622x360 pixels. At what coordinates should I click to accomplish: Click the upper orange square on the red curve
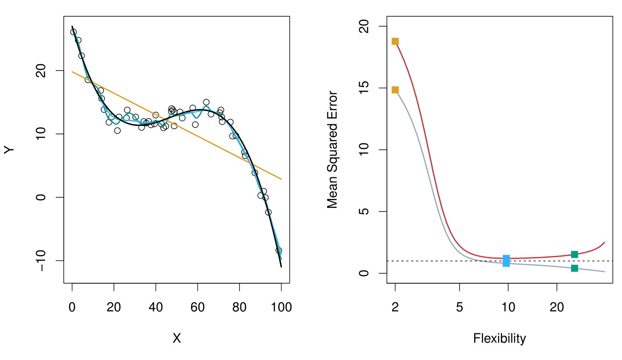tap(395, 41)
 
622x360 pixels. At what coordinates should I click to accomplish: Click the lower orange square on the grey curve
tap(395, 90)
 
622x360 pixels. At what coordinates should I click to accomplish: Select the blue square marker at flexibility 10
tap(506, 261)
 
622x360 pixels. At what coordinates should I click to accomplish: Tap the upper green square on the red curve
tap(574, 254)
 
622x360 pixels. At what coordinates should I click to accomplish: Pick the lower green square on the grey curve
tap(574, 268)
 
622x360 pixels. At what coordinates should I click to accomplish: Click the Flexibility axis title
tap(500, 338)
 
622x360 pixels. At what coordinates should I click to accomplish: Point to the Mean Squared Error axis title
tap(332, 150)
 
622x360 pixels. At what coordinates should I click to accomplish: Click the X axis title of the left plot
tap(177, 338)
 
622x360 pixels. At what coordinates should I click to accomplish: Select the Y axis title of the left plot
tap(9, 150)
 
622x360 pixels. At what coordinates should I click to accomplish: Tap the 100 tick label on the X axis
tap(281, 307)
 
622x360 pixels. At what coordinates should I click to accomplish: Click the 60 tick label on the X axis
tap(198, 307)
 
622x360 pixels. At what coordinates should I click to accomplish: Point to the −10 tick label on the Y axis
tap(41, 260)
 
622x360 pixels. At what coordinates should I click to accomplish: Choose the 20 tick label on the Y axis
tap(41, 71)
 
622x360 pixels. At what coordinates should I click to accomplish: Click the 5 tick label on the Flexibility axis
tap(459, 307)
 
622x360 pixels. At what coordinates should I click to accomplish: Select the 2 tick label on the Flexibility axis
tap(395, 307)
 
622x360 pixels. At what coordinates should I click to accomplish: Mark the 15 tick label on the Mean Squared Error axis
tap(364, 88)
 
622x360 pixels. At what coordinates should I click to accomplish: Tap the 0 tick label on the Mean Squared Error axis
tap(364, 273)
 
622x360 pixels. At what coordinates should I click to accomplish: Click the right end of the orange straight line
tap(281, 179)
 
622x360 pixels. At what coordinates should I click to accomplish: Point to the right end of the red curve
tap(604, 243)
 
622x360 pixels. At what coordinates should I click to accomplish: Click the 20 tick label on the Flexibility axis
tap(557, 307)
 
